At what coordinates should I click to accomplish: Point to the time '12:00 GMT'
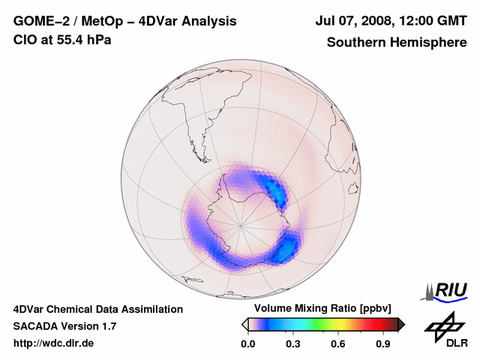[x=430, y=21]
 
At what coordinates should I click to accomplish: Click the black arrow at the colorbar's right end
[x=401, y=324]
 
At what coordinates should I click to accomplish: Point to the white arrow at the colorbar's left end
[x=244, y=324]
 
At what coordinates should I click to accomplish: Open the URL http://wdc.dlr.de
[x=54, y=343]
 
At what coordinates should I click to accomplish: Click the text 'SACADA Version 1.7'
[x=64, y=326]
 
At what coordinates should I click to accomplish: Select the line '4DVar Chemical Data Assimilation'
[x=97, y=309]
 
